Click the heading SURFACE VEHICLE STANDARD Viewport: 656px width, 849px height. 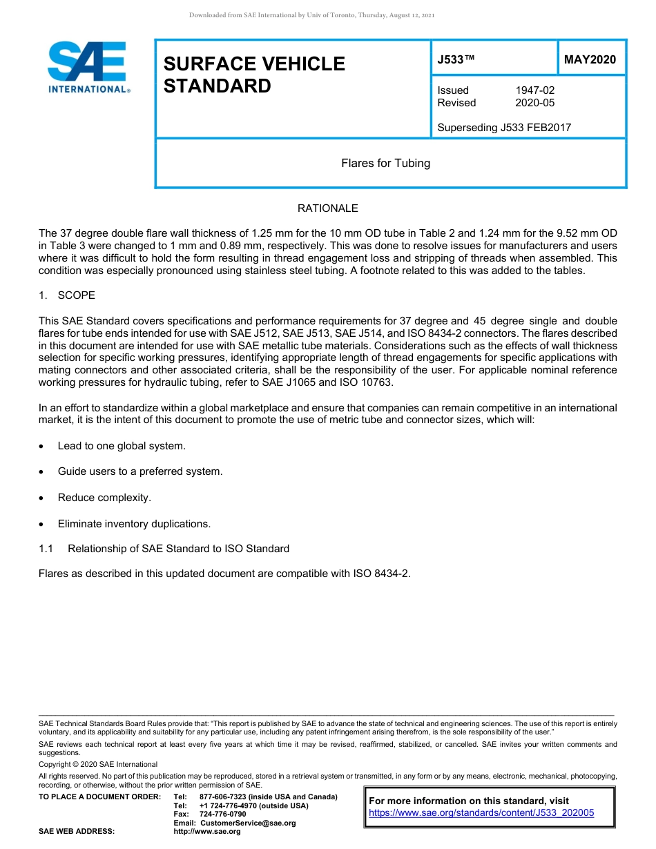[253, 75]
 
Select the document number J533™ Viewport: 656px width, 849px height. [456, 60]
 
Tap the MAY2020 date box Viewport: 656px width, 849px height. [590, 60]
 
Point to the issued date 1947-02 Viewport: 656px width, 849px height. [534, 90]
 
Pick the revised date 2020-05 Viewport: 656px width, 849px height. [534, 103]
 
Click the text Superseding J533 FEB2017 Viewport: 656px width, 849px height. [504, 127]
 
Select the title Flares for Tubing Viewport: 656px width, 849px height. [385, 164]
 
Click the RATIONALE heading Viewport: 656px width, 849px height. [327, 208]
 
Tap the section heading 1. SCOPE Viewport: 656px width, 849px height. [67, 295]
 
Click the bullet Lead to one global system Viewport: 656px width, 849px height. [122, 446]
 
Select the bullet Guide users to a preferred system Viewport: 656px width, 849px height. [140, 471]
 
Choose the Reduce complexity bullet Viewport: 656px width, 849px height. [104, 498]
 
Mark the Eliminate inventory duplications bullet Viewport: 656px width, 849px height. [134, 524]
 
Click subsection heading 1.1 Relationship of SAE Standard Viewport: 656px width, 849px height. [164, 549]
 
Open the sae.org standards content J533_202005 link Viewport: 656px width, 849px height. [481, 813]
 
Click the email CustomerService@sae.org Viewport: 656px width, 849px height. [247, 823]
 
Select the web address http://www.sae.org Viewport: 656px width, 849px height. [207, 832]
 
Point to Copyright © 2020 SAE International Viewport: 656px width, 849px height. [98, 765]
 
